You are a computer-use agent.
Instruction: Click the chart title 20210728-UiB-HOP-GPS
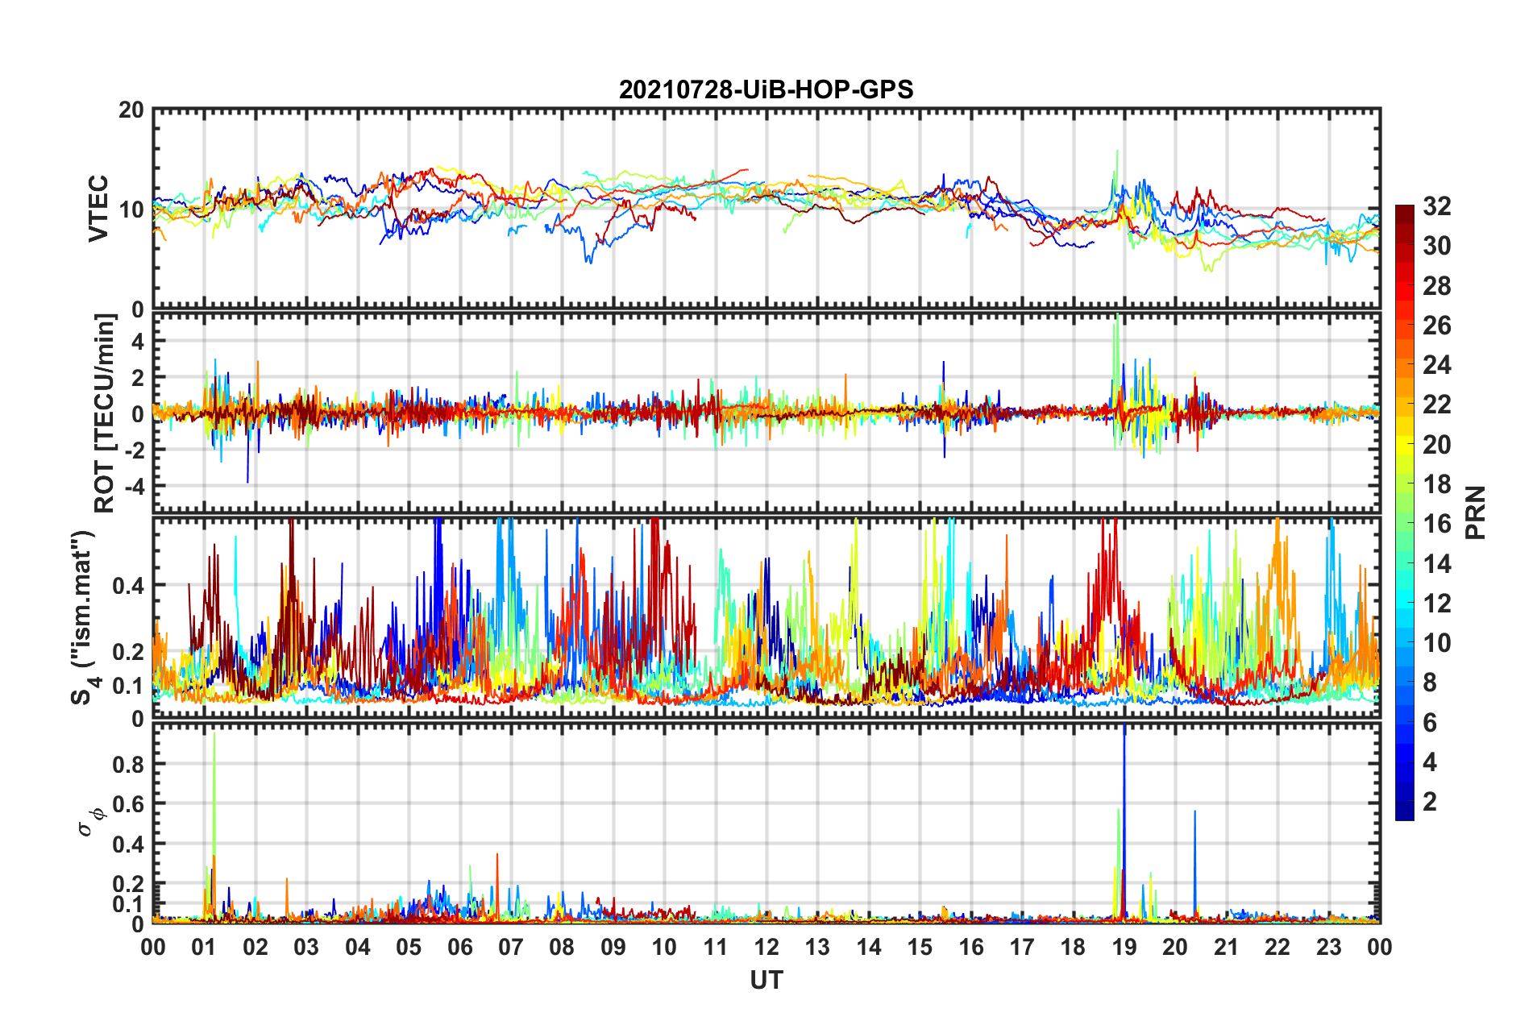pos(766,89)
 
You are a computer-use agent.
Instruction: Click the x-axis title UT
pos(766,980)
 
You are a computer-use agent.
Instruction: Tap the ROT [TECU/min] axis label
pos(105,413)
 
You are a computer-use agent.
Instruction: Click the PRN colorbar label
pos(1475,512)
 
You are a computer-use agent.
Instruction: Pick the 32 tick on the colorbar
pos(1436,206)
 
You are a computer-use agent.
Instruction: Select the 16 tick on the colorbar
pos(1436,524)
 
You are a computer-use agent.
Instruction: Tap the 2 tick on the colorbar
pos(1430,802)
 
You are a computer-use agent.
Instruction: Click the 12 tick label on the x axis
pos(766,947)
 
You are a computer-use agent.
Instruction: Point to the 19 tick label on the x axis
pos(1124,947)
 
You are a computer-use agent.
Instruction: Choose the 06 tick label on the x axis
pos(460,947)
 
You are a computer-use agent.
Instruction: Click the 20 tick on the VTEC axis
pos(131,110)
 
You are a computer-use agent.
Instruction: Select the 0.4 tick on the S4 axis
pos(128,586)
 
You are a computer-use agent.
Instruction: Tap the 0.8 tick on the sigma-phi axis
pos(128,764)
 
